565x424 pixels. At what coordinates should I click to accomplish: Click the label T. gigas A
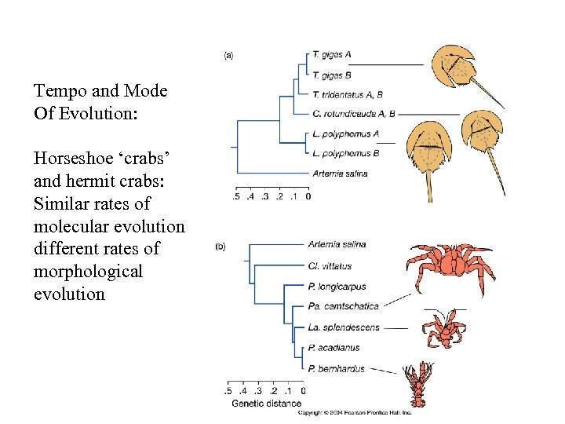(x=331, y=55)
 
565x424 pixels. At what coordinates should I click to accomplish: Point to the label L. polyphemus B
(x=345, y=153)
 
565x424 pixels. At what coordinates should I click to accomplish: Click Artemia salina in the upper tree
(x=339, y=173)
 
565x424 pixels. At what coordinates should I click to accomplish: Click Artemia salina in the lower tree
(x=337, y=244)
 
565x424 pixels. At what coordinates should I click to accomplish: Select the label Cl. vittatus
(x=330, y=266)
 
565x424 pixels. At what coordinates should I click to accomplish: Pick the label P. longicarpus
(x=337, y=287)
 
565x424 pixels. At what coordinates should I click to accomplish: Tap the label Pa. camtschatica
(x=343, y=306)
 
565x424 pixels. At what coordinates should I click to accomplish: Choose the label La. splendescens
(x=344, y=327)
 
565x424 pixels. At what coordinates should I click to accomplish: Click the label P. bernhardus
(x=336, y=368)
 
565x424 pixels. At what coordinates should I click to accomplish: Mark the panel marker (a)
(x=228, y=55)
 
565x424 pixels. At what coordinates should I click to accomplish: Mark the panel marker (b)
(x=221, y=247)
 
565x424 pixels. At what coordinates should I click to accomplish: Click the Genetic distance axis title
(x=266, y=404)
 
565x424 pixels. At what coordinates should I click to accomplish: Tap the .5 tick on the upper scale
(x=236, y=196)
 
